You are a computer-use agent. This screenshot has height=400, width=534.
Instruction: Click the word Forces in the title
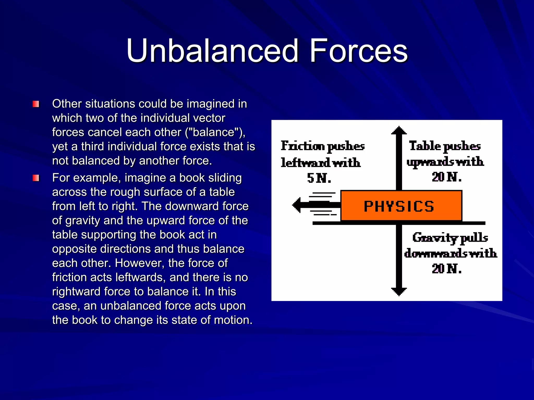pyautogui.click(x=359, y=51)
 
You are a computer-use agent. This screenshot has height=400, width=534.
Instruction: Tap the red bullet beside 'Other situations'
pyautogui.click(x=36, y=104)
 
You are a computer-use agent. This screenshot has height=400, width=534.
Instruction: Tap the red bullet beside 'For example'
pyautogui.click(x=36, y=178)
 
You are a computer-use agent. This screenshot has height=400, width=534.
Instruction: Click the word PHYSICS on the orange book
pyautogui.click(x=399, y=207)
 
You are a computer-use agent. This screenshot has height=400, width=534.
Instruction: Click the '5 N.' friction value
pyautogui.click(x=319, y=178)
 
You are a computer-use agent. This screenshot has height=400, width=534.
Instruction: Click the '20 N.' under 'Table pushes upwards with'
pyautogui.click(x=447, y=177)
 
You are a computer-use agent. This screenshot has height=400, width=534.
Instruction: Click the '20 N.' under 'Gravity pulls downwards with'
pyautogui.click(x=447, y=269)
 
